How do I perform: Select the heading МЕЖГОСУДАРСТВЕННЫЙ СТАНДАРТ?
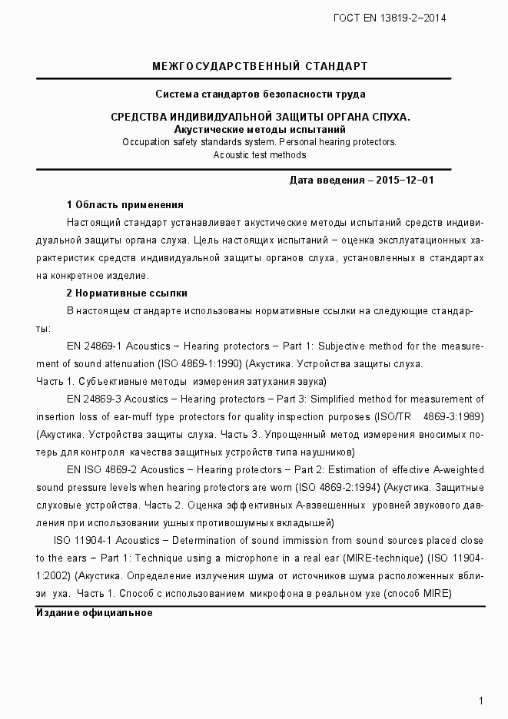(260, 66)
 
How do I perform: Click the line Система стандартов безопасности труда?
(260, 94)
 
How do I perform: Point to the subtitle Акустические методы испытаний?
(260, 129)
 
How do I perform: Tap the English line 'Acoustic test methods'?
(260, 154)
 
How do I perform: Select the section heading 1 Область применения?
(125, 204)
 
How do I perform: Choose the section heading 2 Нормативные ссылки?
(127, 293)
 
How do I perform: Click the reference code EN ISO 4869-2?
(101, 469)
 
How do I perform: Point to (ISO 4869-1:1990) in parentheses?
(201, 363)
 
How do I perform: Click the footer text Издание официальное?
(95, 613)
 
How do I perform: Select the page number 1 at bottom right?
(480, 701)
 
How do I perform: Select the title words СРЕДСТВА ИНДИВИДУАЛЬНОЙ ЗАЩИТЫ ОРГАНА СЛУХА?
(260, 117)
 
